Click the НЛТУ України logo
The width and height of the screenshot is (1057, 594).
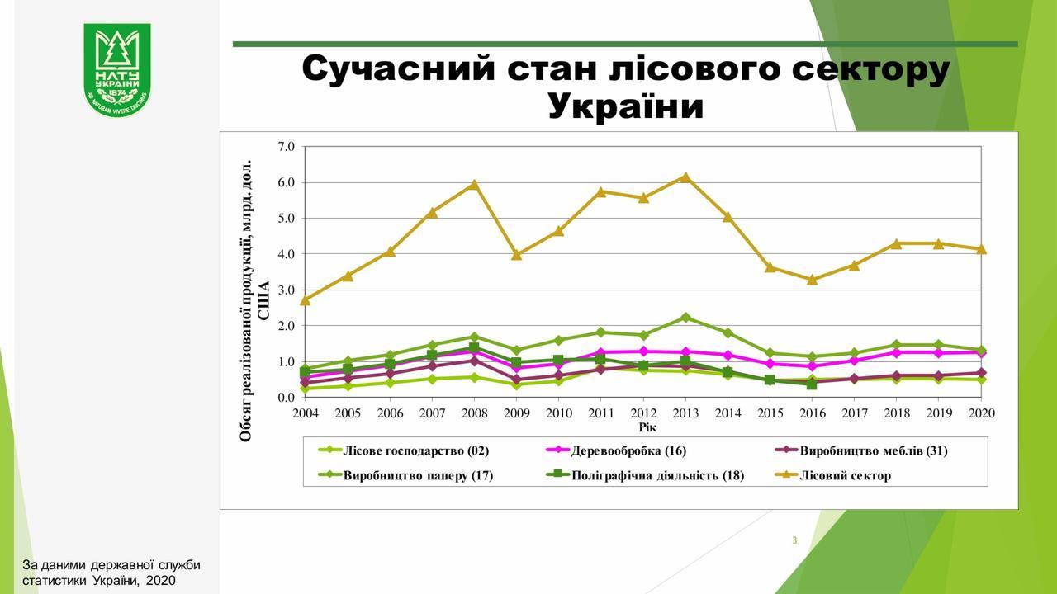116,69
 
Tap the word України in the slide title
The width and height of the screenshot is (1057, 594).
625,106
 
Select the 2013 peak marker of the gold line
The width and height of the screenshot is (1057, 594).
685,177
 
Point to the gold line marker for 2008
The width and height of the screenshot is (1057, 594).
474,185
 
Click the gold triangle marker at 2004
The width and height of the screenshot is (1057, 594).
306,300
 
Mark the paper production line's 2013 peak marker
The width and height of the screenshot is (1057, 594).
685,318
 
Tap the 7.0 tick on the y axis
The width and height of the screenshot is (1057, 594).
286,147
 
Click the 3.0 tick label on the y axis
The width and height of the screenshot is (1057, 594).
286,290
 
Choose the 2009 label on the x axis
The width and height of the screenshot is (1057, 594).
516,412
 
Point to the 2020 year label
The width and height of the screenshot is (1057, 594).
981,412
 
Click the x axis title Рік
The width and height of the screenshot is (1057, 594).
647,427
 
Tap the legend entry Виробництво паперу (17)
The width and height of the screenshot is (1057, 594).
418,475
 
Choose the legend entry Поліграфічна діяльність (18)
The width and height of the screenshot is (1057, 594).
657,475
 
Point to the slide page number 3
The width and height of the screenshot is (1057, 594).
794,540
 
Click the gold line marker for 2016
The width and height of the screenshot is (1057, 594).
812,280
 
